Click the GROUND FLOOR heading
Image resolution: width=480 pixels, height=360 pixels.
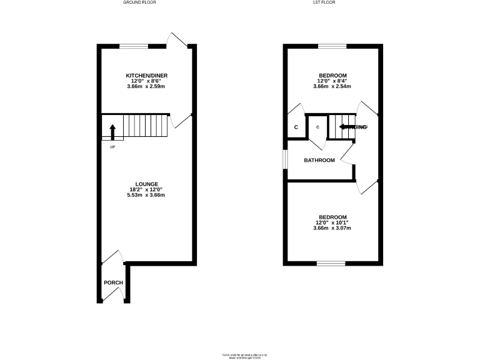point(139,2)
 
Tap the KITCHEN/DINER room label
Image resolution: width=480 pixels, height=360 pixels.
point(147,76)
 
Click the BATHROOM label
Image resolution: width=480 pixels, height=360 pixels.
point(319,161)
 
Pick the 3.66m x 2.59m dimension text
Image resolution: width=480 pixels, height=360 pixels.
point(147,87)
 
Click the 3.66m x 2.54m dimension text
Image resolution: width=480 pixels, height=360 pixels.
point(332,87)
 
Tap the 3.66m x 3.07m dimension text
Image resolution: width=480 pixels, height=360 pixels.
point(332,228)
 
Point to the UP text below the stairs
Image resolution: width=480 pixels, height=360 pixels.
point(112,147)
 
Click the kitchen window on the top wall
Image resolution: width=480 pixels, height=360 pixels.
point(134,46)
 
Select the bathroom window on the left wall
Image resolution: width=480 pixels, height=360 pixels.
point(285,159)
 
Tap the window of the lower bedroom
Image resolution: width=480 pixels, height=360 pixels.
point(331,263)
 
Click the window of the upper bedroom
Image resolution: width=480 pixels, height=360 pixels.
point(331,46)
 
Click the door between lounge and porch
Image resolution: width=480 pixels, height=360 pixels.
point(113,257)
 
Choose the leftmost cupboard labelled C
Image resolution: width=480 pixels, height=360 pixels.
point(296,127)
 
